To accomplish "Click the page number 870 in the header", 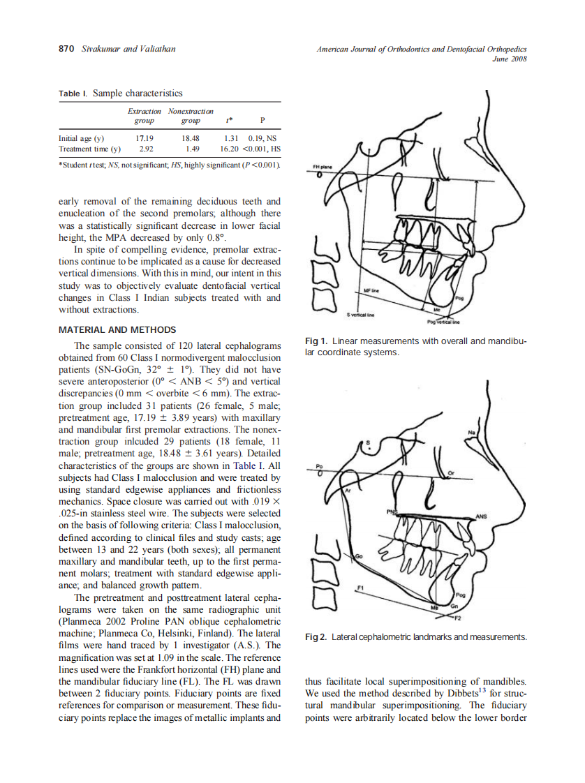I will coord(66,49).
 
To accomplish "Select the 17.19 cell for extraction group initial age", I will coord(144,138).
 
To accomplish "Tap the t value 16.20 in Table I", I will coord(230,149).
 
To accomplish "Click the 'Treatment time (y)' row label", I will coord(89,149).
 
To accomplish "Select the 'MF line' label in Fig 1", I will coord(371,289).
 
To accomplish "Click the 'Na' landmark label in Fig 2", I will coord(473,432).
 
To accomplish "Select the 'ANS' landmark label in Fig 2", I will coord(480,516).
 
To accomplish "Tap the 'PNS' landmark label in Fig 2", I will coord(392,512).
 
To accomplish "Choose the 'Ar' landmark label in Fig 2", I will coord(347,491).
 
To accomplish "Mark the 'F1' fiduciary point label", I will coord(360,588).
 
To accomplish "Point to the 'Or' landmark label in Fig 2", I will coord(451,472).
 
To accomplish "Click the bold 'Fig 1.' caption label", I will coord(316,341).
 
